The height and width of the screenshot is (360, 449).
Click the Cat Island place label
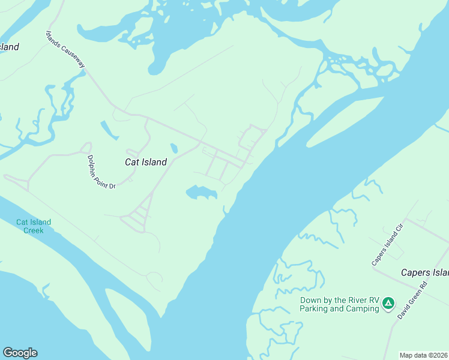tap(145, 162)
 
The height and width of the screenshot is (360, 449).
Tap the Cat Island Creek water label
tap(34, 226)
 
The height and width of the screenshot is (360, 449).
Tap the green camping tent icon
tap(388, 304)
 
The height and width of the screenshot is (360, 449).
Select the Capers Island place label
tap(424, 273)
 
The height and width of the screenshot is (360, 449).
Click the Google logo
tap(20, 353)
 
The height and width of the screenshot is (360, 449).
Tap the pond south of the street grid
tap(200, 193)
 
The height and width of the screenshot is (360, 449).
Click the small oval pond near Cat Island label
tap(174, 148)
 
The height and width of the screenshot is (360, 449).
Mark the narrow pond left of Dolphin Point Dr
tap(109, 130)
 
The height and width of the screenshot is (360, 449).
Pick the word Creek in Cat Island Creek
tap(34, 230)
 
